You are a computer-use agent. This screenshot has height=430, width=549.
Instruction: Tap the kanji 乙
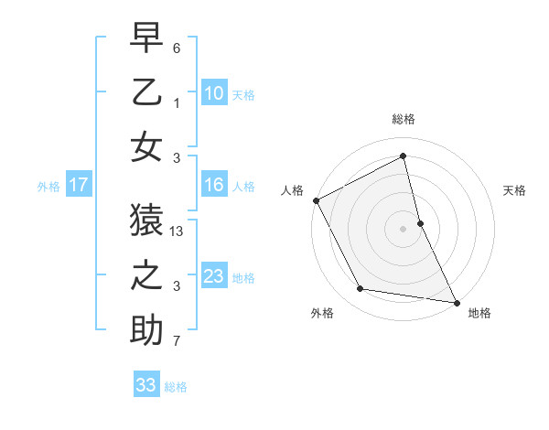[146, 91]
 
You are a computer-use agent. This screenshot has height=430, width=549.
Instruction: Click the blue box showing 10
[213, 92]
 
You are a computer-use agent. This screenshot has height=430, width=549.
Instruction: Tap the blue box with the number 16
[213, 185]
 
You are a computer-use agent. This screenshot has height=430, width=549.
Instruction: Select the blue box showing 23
[213, 276]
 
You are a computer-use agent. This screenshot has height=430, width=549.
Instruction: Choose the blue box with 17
[79, 185]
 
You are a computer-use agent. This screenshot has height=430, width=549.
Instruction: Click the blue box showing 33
[146, 385]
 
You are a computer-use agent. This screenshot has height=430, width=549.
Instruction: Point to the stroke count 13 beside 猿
[178, 232]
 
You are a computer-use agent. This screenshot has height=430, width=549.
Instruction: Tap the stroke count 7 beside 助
[177, 341]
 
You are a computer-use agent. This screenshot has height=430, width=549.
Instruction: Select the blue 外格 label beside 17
[48, 186]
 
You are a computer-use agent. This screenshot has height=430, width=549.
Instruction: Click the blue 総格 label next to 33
[176, 386]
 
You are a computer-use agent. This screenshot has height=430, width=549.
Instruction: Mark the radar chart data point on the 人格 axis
[316, 200]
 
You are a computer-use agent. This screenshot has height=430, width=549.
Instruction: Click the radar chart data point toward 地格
[456, 301]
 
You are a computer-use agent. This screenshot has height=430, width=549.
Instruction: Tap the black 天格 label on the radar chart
[514, 191]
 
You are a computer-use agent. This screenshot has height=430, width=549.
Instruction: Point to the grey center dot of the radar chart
[404, 228]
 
